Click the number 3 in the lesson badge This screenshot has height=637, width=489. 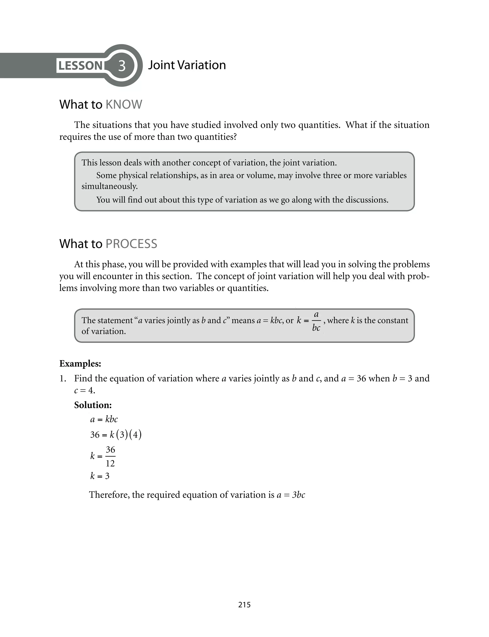122,66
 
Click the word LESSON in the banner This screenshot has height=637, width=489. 80,66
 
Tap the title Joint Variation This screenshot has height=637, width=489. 187,65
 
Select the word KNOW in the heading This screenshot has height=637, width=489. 124,105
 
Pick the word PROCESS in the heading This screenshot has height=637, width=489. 131,244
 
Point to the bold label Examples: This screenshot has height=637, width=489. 80,363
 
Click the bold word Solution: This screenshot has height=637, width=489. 93,405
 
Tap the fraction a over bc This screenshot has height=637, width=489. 316,321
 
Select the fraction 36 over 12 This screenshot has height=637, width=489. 110,456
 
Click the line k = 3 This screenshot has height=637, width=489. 100,476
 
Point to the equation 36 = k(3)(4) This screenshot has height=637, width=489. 116,435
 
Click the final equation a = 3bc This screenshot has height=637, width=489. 291,495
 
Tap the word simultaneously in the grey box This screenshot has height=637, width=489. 109,186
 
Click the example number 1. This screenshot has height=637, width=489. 62,379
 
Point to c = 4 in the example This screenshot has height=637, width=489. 85,390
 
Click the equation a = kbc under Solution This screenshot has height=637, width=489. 104,419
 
